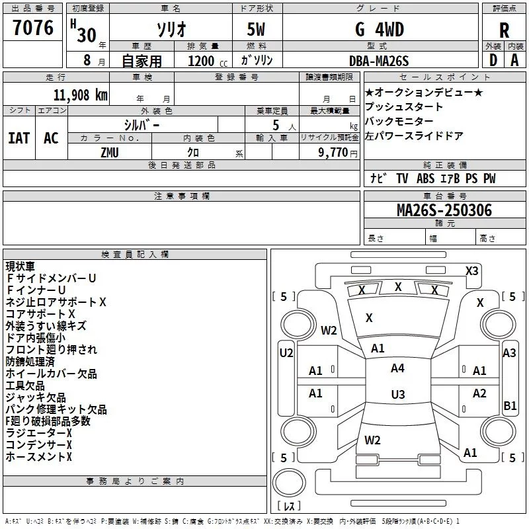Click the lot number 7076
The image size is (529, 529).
(x=33, y=27)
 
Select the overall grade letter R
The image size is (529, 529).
(x=504, y=30)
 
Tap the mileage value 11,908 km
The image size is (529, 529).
(x=80, y=95)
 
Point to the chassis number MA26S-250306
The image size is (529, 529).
(x=444, y=210)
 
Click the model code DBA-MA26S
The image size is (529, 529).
(x=379, y=61)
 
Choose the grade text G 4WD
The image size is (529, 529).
(x=380, y=29)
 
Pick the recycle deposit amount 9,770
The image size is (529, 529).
(x=333, y=153)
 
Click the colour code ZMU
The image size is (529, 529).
(x=110, y=153)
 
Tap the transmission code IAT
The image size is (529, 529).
(x=19, y=138)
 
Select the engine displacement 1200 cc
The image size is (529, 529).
(x=208, y=61)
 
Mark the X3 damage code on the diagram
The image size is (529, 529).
(x=471, y=271)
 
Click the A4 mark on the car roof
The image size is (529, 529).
(x=397, y=368)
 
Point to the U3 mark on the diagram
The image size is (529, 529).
(x=398, y=394)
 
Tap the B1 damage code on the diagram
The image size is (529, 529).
(x=510, y=405)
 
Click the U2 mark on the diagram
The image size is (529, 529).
(x=286, y=353)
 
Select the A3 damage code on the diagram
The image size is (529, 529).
(x=509, y=353)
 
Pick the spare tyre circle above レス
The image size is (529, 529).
(x=289, y=482)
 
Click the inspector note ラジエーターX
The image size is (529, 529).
(x=39, y=433)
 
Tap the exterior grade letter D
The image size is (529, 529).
(x=493, y=60)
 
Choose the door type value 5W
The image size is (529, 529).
(x=256, y=29)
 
